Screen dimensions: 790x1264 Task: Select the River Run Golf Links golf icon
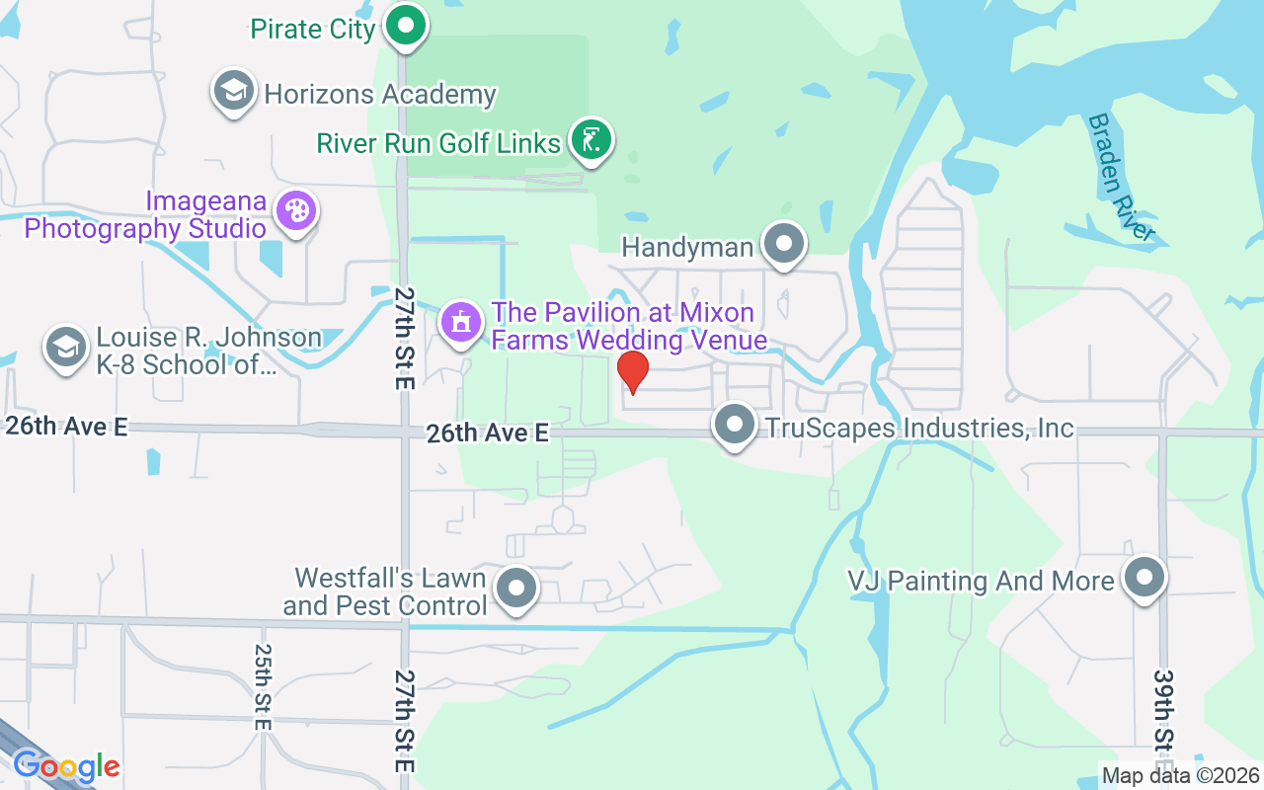pos(591,140)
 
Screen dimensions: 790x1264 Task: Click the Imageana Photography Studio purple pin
pos(295,210)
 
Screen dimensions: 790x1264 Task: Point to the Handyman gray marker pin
pos(784,244)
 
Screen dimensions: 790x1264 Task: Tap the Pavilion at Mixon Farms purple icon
pos(459,322)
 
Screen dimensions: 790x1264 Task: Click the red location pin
pos(632,371)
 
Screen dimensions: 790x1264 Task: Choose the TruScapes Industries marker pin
pos(734,426)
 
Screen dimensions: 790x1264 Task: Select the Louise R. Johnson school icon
pos(65,348)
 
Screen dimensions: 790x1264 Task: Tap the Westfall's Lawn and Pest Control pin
pos(514,589)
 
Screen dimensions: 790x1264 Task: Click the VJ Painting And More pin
pos(1145,578)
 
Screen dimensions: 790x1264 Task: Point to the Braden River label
pos(1120,177)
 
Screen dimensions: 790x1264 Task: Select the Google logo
pos(66,765)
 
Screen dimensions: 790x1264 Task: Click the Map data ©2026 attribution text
pos(1181,775)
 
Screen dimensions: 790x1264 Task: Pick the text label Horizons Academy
pos(380,95)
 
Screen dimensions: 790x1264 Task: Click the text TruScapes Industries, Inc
pos(917,428)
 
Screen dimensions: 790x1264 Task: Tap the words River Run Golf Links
pos(438,143)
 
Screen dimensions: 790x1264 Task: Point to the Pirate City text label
pos(313,29)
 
